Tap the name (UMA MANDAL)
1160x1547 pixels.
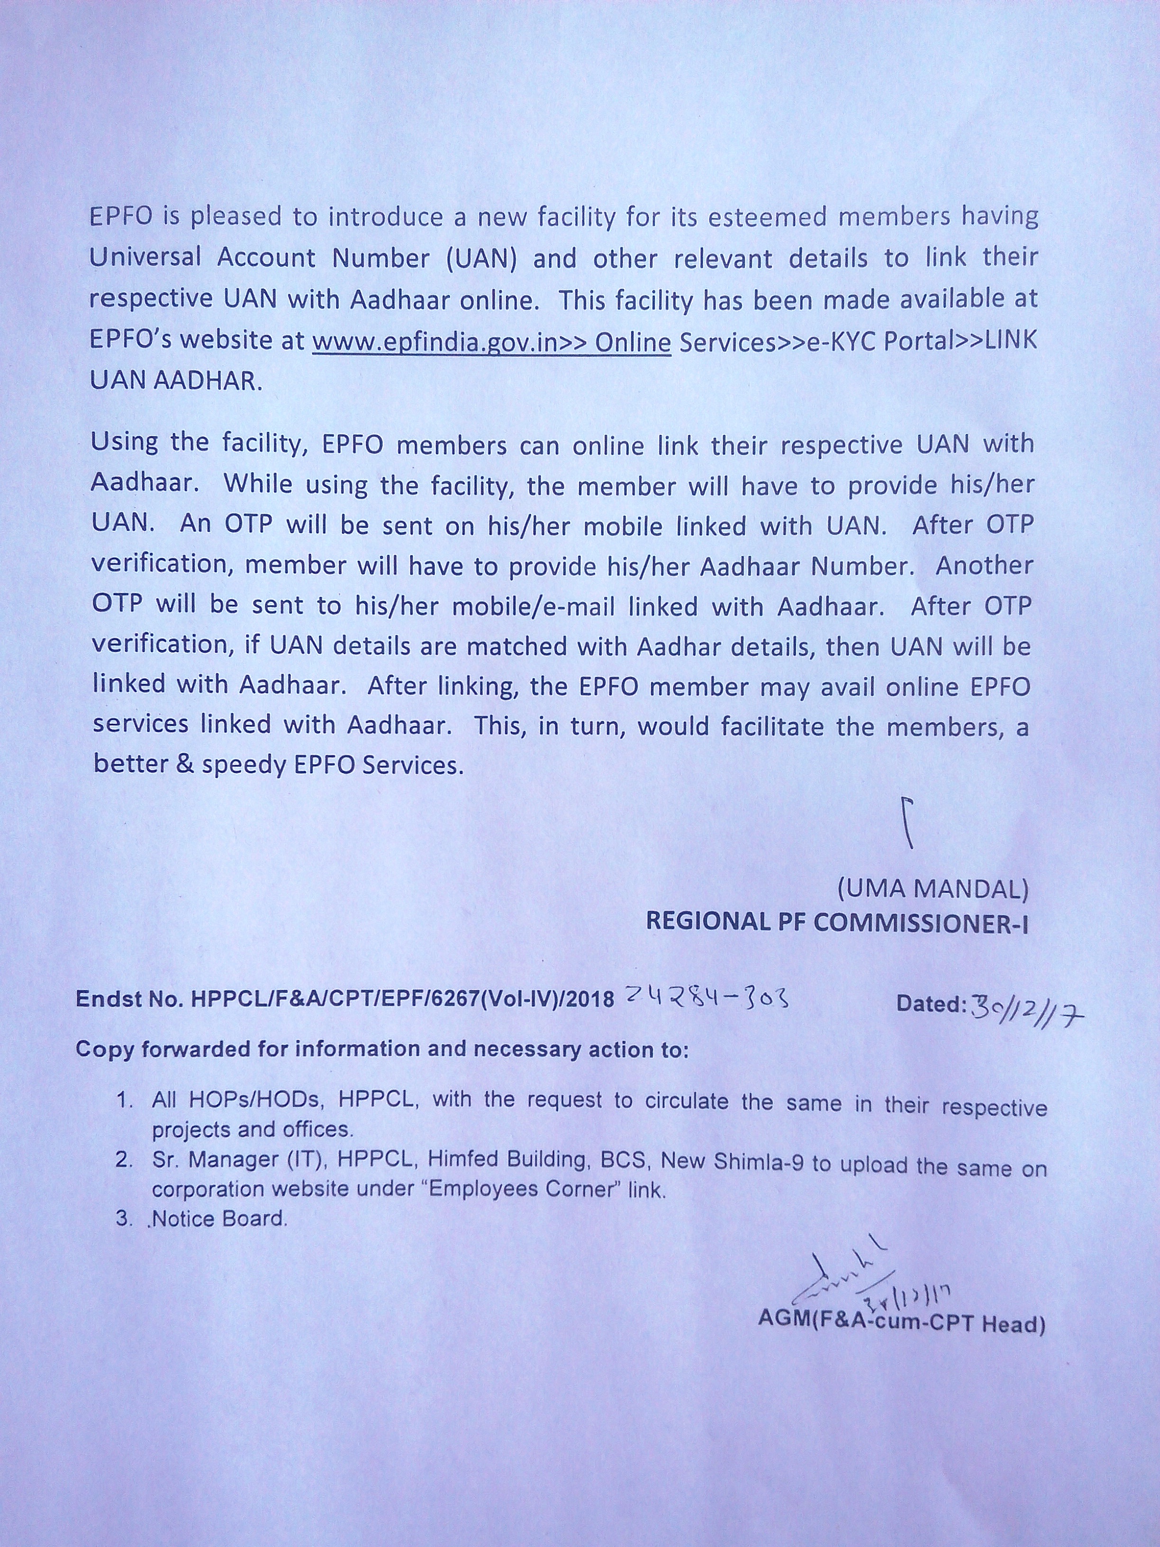[933, 889]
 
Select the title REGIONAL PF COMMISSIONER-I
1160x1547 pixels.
[837, 922]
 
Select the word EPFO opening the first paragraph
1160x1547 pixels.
[121, 217]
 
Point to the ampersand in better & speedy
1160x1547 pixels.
[185, 764]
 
